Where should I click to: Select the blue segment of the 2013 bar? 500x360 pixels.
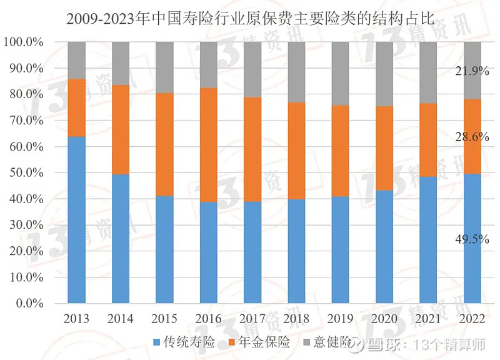click(x=76, y=219)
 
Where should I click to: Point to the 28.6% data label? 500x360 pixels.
click(x=472, y=137)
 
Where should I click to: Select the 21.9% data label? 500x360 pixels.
click(x=472, y=71)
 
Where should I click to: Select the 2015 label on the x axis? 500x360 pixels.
click(x=164, y=319)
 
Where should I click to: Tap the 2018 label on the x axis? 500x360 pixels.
click(x=296, y=319)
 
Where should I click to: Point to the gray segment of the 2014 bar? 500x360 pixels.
click(x=120, y=63)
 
